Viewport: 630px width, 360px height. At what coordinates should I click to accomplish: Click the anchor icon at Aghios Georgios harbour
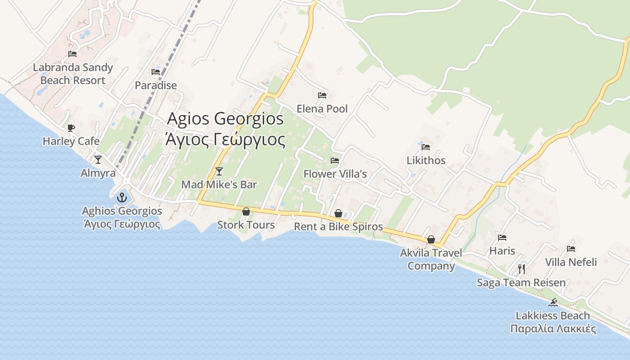pos(121,198)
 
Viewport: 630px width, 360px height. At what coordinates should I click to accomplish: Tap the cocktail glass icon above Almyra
pos(98,159)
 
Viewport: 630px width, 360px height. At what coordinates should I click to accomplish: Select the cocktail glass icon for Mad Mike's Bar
pos(219,171)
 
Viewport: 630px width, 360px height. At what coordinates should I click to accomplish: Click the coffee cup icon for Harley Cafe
pos(71,128)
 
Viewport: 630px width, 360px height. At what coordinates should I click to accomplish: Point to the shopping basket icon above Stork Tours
pos(246,211)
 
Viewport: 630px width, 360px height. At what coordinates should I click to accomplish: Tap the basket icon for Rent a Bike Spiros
pos(338,213)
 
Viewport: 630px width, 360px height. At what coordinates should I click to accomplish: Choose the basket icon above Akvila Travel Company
pos(431,239)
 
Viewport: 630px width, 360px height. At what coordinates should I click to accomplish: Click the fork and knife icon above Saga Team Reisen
pos(522,269)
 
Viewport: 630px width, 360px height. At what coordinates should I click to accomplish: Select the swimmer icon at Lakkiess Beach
pos(553,302)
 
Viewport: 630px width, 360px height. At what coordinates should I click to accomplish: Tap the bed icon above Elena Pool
pos(322,95)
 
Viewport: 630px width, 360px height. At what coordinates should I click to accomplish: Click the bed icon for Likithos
pos(426,147)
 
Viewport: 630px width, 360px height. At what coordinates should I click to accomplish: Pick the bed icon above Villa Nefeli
pos(571,248)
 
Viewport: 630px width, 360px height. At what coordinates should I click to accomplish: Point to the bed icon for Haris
pos(502,237)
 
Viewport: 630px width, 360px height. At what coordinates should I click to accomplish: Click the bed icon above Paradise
pos(156,72)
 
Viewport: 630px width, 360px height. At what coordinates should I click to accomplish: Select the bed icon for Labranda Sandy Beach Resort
pos(72,54)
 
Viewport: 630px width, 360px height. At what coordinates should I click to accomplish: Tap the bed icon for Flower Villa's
pos(335,160)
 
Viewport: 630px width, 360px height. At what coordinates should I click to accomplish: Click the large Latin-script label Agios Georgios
pos(225,119)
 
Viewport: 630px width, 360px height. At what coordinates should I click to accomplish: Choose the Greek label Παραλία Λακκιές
pos(553,328)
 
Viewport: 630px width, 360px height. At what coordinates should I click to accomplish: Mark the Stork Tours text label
pos(246,225)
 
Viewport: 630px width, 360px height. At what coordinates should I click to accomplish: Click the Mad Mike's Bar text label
pos(219,184)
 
